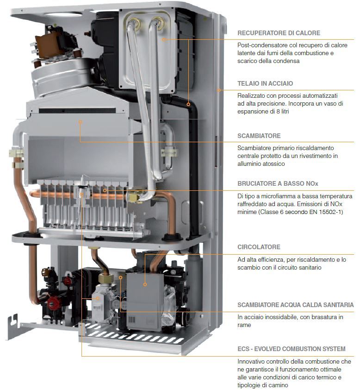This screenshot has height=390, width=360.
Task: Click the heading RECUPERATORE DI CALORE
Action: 279,33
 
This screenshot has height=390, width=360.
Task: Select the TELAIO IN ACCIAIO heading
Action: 265,83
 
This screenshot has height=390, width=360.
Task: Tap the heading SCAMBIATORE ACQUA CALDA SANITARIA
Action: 295,305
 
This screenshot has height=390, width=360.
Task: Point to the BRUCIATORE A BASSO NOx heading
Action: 278,184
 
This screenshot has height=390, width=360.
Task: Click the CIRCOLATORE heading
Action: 259,247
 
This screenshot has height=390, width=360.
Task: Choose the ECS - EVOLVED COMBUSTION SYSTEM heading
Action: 292,349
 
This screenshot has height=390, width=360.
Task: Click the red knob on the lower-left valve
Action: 53,302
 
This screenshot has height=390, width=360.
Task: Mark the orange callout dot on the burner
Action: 105,190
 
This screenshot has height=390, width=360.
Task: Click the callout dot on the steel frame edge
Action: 218,90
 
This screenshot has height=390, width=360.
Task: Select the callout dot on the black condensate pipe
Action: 188,105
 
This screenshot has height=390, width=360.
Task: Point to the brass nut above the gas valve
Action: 104,278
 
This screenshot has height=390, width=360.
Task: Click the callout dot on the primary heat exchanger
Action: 80,122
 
